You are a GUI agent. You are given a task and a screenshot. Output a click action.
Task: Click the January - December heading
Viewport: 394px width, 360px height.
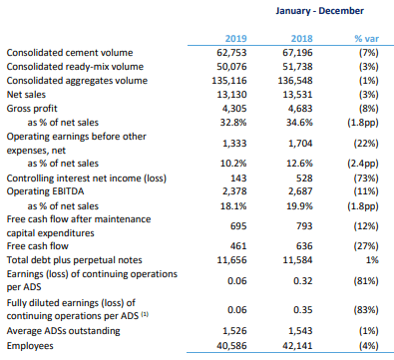click(319, 11)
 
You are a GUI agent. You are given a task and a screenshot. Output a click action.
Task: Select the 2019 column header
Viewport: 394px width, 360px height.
click(235, 39)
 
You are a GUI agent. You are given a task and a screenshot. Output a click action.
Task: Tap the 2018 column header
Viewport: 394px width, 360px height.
click(301, 39)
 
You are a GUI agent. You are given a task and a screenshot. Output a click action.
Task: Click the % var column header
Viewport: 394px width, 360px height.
click(366, 39)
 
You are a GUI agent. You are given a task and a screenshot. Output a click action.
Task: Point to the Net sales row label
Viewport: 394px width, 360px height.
click(26, 95)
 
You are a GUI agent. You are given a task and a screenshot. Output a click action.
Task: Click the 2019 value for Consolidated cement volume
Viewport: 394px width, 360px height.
click(231, 53)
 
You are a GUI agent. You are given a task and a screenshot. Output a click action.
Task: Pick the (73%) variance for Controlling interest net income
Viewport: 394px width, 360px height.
click(366, 179)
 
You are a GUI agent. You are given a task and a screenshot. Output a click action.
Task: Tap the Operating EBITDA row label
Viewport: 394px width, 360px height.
click(45, 191)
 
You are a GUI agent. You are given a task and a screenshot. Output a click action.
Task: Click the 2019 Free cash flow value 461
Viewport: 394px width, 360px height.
click(238, 246)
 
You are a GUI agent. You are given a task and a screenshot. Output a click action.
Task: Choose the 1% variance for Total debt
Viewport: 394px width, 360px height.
click(372, 259)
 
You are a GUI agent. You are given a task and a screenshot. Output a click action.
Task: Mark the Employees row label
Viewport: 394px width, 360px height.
click(30, 346)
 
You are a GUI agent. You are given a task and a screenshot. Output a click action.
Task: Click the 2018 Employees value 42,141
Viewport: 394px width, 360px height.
click(297, 346)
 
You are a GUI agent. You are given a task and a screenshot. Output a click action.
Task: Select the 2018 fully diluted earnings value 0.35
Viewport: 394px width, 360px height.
click(303, 310)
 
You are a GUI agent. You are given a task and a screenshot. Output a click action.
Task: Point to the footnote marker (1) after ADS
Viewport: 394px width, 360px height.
click(145, 314)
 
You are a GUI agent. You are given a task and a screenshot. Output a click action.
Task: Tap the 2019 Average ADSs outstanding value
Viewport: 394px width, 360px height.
click(234, 331)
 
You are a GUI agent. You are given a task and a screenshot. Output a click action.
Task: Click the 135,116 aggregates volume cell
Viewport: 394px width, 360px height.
click(229, 81)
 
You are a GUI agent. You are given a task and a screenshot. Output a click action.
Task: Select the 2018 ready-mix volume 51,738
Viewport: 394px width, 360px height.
click(297, 67)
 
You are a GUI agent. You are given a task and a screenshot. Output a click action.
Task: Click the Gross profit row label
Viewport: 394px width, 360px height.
click(32, 109)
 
